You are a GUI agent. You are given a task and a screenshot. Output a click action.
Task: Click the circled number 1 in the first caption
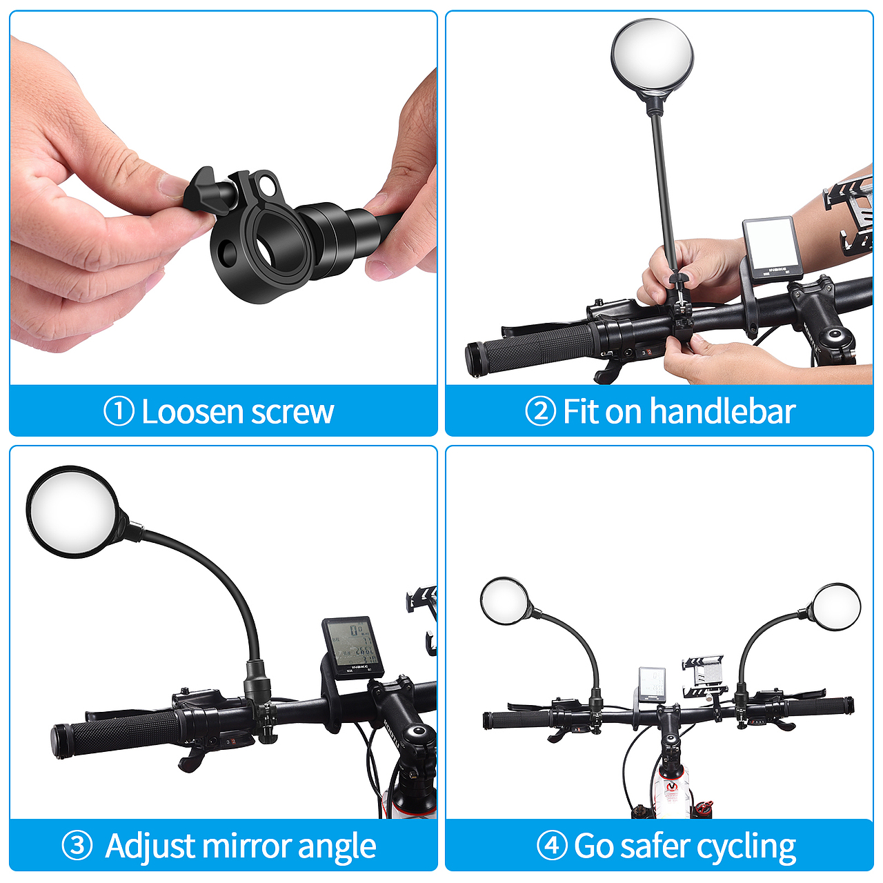pyautogui.click(x=119, y=411)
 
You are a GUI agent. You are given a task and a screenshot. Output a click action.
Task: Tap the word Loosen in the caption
pyautogui.click(x=192, y=411)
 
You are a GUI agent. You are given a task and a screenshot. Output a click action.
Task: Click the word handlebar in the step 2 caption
pyautogui.click(x=723, y=411)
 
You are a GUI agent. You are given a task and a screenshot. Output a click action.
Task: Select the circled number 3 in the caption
pyautogui.click(x=77, y=845)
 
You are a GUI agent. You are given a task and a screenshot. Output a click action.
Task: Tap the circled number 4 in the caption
pyautogui.click(x=552, y=845)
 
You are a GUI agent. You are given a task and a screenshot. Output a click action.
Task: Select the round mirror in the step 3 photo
pyautogui.click(x=73, y=512)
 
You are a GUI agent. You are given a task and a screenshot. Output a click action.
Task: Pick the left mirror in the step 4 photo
pyautogui.click(x=505, y=601)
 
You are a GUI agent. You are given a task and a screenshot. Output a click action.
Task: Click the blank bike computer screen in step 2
pyautogui.click(x=769, y=244)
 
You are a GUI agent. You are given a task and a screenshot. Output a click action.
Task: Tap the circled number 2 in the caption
pyautogui.click(x=541, y=411)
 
